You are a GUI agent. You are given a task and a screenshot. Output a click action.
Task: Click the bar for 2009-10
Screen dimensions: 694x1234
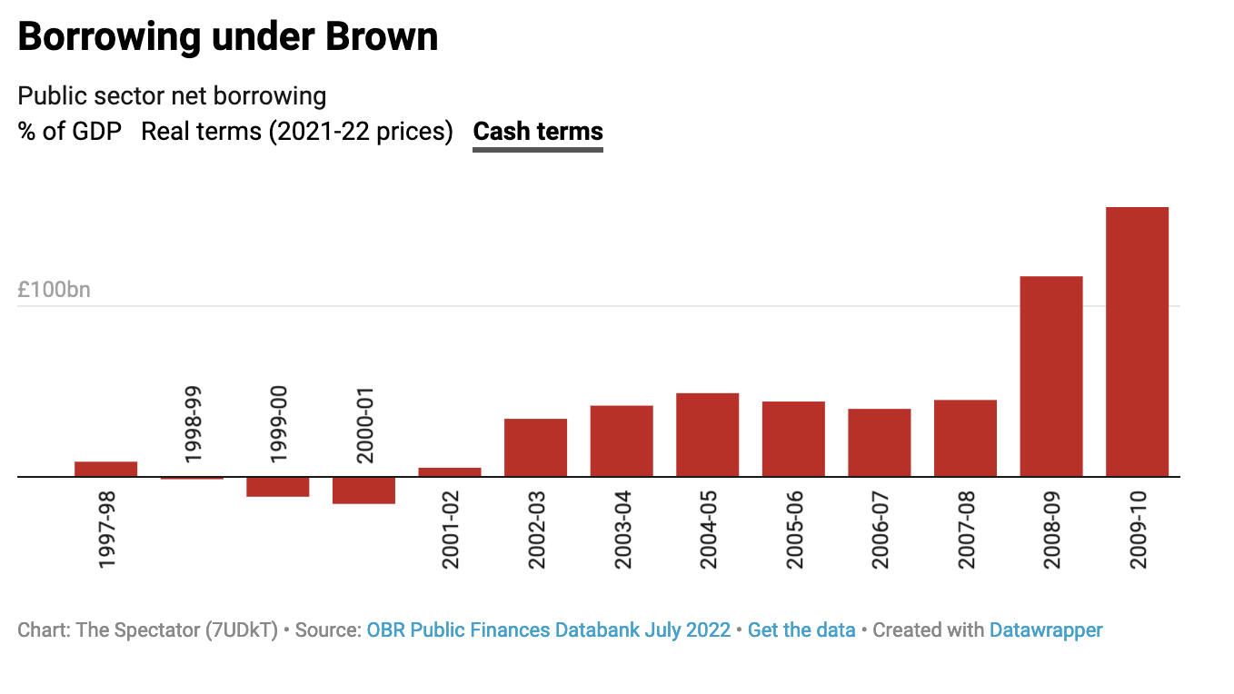[1137, 342]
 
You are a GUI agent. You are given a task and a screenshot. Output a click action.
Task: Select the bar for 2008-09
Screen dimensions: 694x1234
[1051, 376]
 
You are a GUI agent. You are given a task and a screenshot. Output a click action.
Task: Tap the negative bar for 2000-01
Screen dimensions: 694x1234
[363, 491]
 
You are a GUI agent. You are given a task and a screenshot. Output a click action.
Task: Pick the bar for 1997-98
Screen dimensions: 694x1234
[105, 469]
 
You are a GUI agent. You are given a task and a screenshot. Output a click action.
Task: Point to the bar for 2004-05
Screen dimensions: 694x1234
[707, 434]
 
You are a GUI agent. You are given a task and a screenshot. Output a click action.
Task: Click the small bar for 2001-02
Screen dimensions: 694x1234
[450, 472]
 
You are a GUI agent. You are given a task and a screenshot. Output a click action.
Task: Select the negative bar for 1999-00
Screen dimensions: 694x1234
[278, 487]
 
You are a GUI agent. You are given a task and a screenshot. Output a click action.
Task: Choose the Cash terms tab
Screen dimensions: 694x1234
[538, 132]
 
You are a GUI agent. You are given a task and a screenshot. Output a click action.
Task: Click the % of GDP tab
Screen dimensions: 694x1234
[70, 132]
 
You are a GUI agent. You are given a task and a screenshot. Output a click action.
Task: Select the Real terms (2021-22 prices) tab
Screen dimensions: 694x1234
[297, 132]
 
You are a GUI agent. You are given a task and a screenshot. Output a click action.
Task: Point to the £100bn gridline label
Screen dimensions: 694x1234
[55, 291]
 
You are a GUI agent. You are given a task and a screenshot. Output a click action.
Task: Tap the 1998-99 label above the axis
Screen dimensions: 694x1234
[193, 424]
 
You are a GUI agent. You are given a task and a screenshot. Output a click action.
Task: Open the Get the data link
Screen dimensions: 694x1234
[801, 630]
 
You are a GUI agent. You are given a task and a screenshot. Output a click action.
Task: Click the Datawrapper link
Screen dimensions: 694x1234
[1046, 630]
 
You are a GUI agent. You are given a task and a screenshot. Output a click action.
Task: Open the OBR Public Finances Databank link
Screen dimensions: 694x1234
[549, 630]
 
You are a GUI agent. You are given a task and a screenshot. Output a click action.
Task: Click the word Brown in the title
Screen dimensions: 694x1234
[382, 37]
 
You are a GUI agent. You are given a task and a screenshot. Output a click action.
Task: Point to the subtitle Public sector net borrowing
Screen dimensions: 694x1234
[172, 95]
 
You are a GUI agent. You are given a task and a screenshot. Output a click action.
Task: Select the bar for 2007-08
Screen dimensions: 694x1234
[965, 438]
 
